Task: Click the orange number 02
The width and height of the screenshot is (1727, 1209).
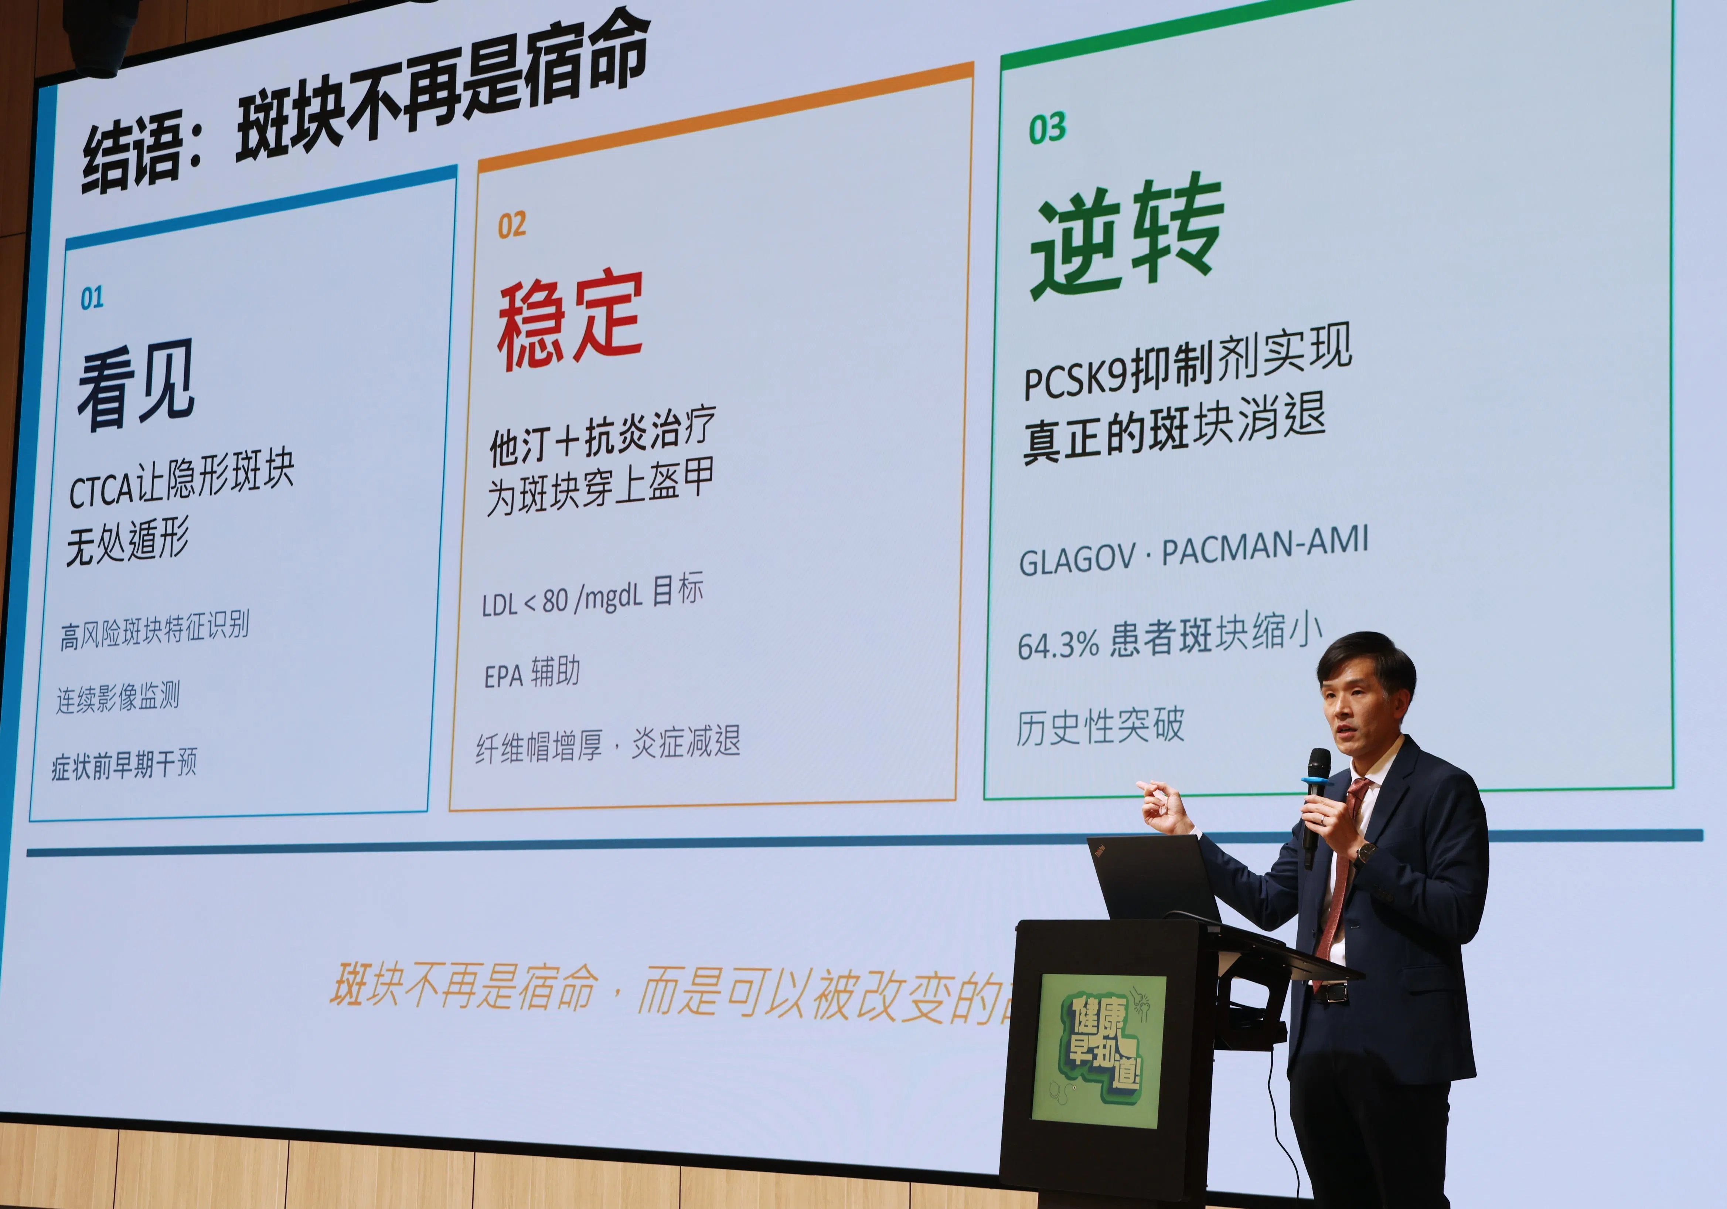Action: pos(511,225)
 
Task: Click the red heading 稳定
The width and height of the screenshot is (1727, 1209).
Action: pos(569,320)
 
